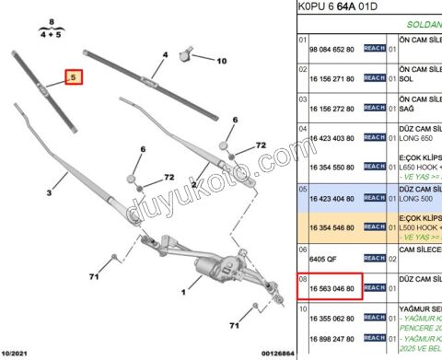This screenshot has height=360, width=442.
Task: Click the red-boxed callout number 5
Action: [x=73, y=79]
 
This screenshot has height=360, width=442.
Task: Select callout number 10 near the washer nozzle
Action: [x=221, y=61]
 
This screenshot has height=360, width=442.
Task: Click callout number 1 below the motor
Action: [x=183, y=293]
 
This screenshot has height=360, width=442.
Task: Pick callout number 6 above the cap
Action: [x=143, y=149]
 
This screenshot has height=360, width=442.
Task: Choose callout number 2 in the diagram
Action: [x=193, y=184]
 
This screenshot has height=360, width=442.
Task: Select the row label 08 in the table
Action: [x=301, y=275]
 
